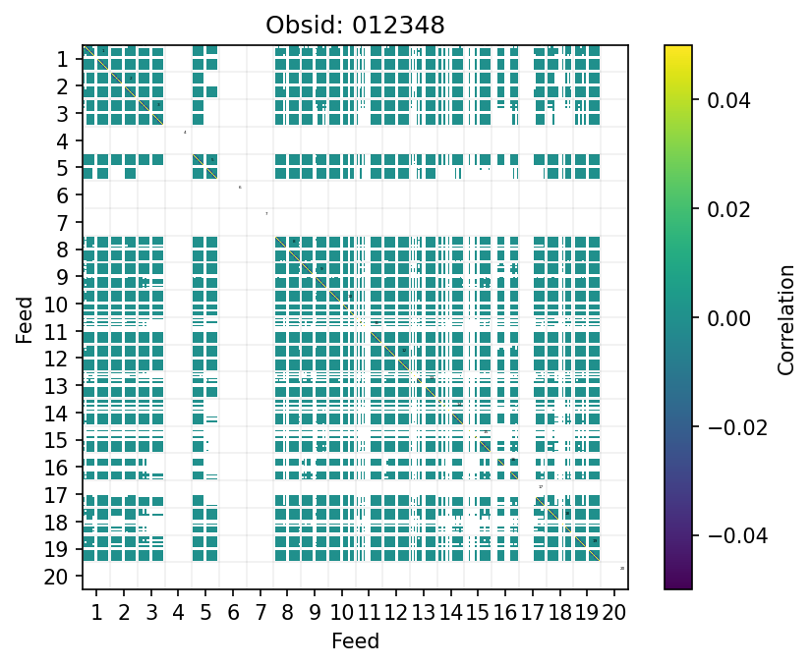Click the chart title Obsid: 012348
pyautogui.click(x=355, y=26)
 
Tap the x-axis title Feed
pyautogui.click(x=355, y=642)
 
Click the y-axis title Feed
pyautogui.click(x=25, y=317)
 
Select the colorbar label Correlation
pyautogui.click(x=785, y=317)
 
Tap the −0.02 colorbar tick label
pyautogui.click(x=718, y=426)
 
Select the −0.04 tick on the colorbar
pyautogui.click(x=718, y=535)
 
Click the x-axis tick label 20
pyautogui.click(x=614, y=614)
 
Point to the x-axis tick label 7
pyautogui.click(x=260, y=614)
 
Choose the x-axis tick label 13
pyautogui.click(x=424, y=614)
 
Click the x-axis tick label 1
pyautogui.click(x=96, y=614)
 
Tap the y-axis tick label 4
pyautogui.click(x=62, y=140)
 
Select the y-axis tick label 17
pyautogui.click(x=56, y=495)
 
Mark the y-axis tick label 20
pyautogui.click(x=56, y=577)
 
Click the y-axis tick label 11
pyautogui.click(x=56, y=331)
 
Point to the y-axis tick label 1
pyautogui.click(x=62, y=59)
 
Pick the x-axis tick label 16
pyautogui.click(x=505, y=614)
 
